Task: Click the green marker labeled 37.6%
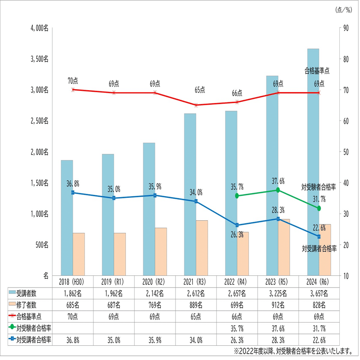[x=278, y=190]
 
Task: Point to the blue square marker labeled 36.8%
[x=73, y=192]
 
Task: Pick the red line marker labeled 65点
[x=196, y=105]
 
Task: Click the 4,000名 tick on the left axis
[x=40, y=28]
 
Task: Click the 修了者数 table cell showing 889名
[x=196, y=304]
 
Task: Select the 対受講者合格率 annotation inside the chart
[x=319, y=248]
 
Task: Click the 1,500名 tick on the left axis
[x=40, y=183]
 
